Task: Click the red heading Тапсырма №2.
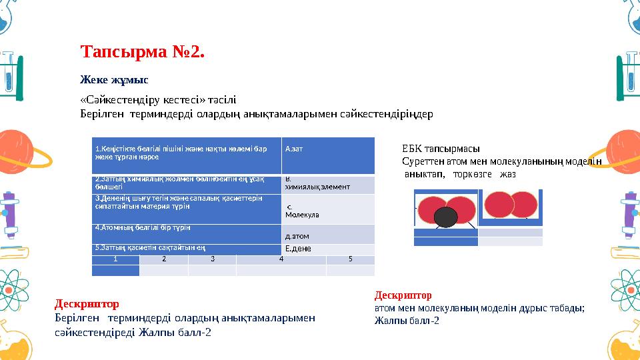click(x=142, y=51)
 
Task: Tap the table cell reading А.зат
click(x=294, y=149)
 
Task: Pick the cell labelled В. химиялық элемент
click(x=317, y=184)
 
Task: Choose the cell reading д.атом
click(x=297, y=236)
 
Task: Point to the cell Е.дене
click(x=297, y=249)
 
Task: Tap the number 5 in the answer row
click(x=350, y=259)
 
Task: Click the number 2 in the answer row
click(x=163, y=259)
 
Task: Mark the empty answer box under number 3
click(x=212, y=270)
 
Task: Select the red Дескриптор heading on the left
click(x=87, y=305)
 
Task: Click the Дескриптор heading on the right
click(x=403, y=295)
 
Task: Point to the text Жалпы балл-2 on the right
click(x=407, y=320)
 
